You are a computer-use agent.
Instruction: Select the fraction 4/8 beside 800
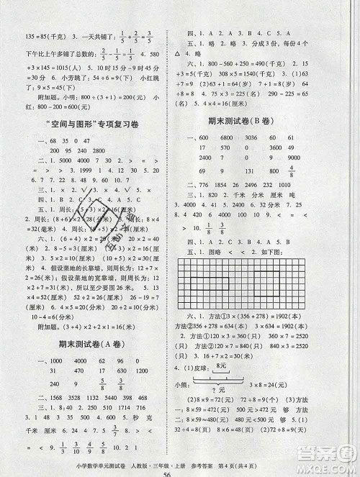click(311, 171)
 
